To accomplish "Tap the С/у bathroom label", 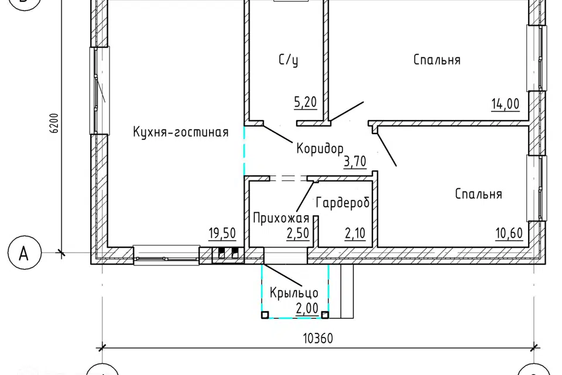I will point(288,60).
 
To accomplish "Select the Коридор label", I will point(319,148).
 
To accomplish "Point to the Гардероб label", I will point(342,203).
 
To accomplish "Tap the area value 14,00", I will point(505,104).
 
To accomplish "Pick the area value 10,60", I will point(509,234).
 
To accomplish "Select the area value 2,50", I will point(297,234).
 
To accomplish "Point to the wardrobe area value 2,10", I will point(355,234).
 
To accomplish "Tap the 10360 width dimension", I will point(317,339).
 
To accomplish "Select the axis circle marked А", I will point(23,254).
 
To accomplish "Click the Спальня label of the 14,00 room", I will point(437,60).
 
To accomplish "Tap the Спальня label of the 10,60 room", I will point(478,195).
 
